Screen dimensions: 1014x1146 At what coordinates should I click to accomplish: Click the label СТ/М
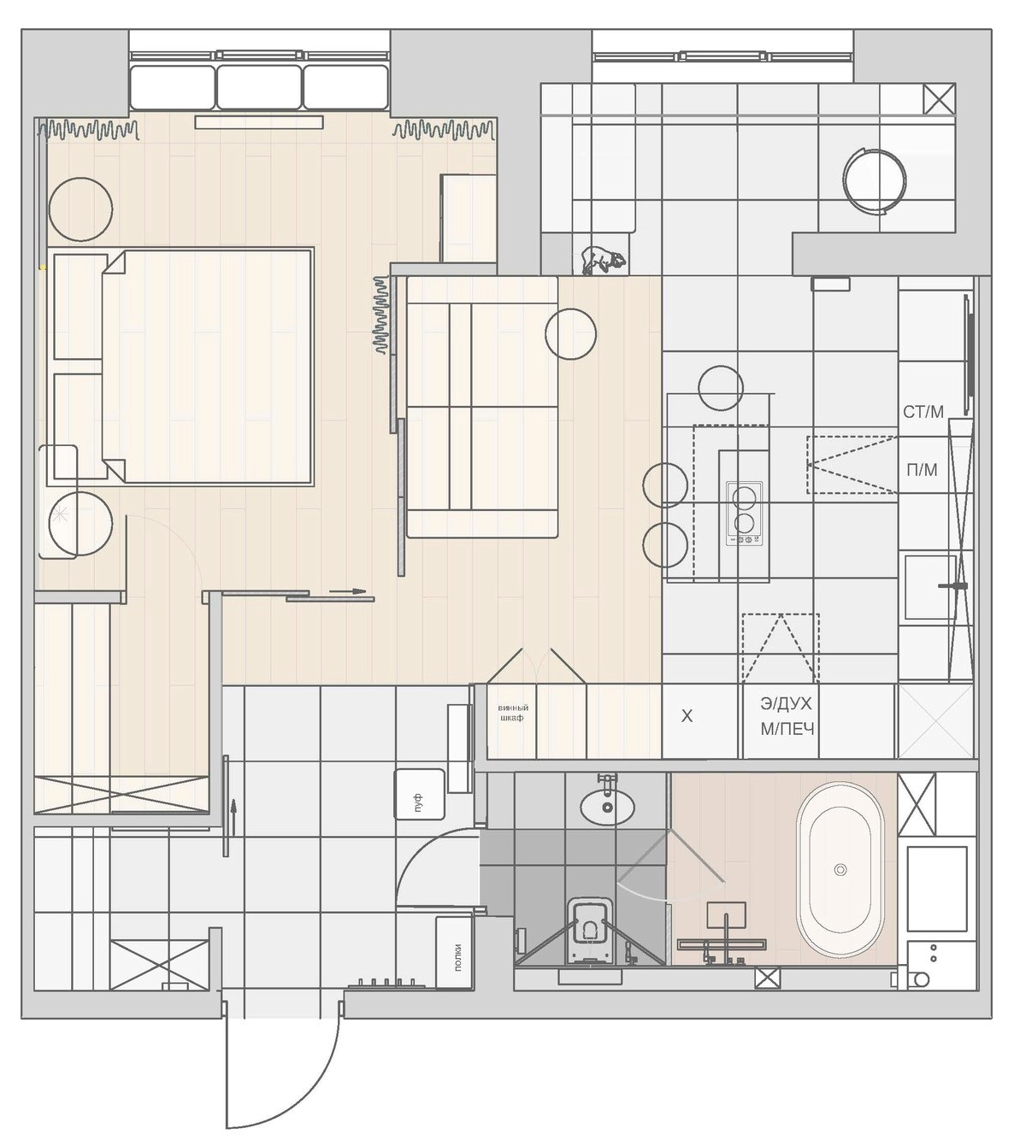(923, 412)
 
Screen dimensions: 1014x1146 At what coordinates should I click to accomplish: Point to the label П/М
(922, 469)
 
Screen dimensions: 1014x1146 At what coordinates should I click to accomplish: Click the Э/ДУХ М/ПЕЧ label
(787, 716)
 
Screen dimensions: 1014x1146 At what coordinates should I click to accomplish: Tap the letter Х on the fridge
(687, 716)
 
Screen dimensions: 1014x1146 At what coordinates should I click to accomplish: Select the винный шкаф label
(513, 713)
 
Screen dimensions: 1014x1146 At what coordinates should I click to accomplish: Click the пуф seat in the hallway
(420, 794)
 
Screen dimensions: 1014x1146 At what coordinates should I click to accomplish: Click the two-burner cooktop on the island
(745, 514)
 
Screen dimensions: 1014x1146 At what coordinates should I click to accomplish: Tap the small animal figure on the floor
(604, 261)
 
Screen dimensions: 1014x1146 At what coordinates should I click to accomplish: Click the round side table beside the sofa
(571, 334)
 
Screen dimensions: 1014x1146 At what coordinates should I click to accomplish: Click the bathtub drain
(840, 869)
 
